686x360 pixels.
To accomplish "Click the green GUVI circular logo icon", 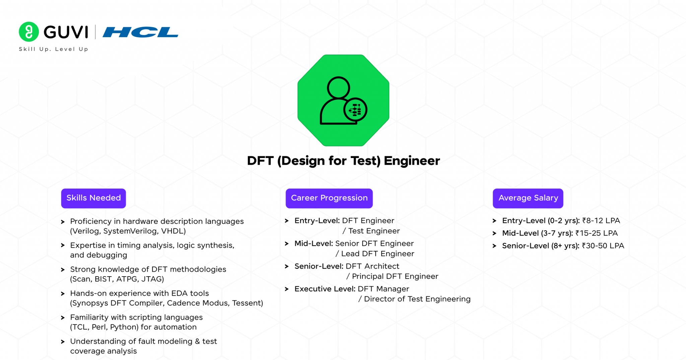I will click(29, 32).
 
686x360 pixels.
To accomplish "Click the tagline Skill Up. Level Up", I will click(54, 49).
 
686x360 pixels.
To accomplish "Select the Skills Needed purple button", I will click(93, 198).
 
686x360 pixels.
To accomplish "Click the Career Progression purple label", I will click(329, 198).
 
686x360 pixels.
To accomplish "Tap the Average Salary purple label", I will click(528, 198).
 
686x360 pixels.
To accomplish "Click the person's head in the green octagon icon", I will click(338, 88).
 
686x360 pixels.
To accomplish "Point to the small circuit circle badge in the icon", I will click(355, 110).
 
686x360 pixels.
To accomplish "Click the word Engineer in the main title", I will click(412, 161).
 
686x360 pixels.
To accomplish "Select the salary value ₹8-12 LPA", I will click(601, 221).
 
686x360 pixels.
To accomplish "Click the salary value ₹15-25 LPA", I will click(597, 233).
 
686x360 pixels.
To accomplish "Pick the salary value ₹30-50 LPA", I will click(603, 246).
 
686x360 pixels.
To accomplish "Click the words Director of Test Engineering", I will click(417, 299).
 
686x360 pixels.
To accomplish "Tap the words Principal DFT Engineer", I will click(395, 276).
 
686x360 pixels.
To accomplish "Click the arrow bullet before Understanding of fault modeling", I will click(63, 342).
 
